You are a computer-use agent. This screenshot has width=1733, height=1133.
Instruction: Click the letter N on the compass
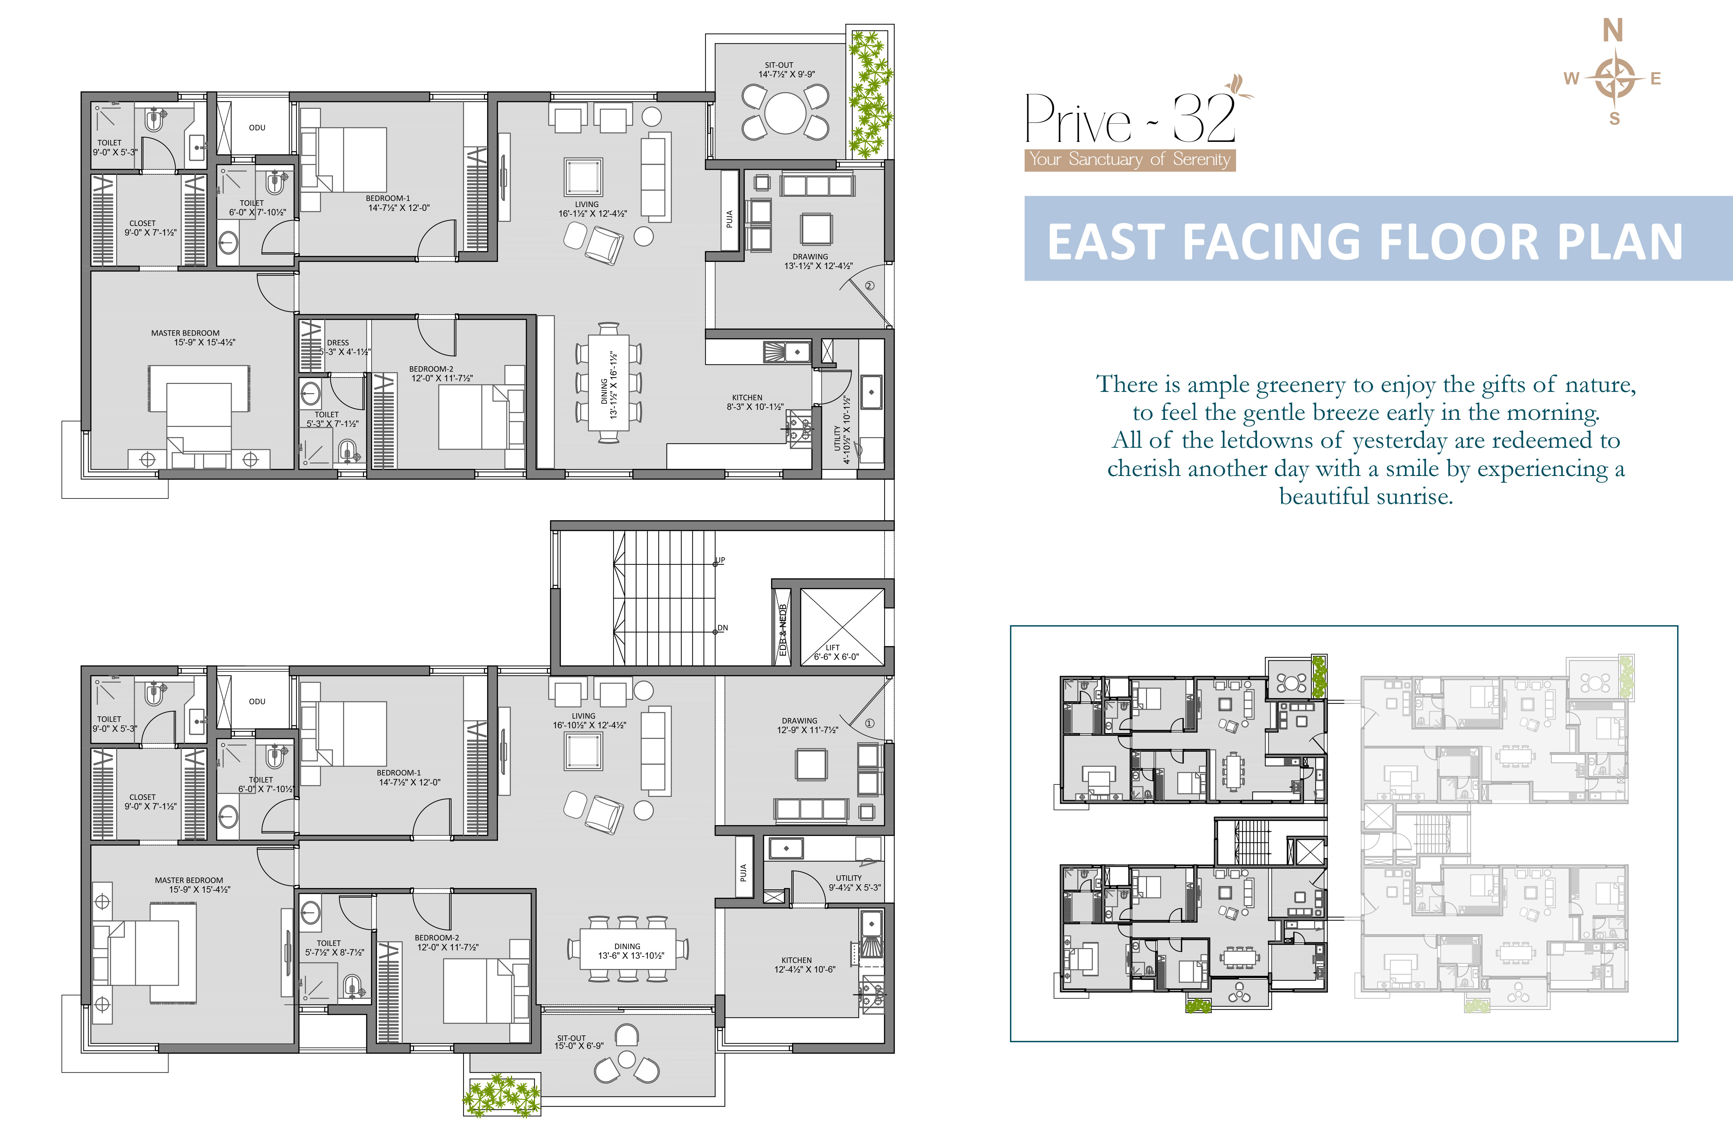coord(1613,30)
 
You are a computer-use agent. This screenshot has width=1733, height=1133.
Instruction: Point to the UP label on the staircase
coord(720,560)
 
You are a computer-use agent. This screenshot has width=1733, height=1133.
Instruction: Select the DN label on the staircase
coord(722,628)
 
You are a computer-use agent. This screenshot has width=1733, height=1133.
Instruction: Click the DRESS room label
coord(338,342)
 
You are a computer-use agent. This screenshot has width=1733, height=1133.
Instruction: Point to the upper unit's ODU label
coord(257,127)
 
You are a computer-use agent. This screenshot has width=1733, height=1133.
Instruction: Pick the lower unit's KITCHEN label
coord(797,960)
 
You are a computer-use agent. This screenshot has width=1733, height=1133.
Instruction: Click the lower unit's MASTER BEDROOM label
coord(189,880)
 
